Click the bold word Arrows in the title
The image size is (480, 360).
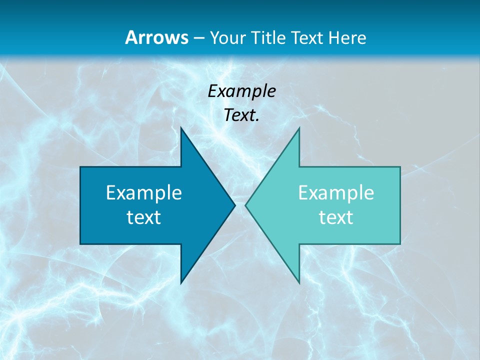click(156, 37)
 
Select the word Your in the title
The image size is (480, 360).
click(227, 37)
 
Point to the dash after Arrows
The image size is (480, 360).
click(198, 38)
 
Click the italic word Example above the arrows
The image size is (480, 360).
click(242, 91)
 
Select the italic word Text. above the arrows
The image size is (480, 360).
click(242, 115)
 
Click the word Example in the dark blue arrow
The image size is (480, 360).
click(144, 192)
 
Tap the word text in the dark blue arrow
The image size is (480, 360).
click(144, 217)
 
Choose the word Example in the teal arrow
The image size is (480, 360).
click(336, 192)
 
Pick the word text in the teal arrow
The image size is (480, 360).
click(336, 217)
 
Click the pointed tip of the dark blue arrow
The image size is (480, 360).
click(235, 205)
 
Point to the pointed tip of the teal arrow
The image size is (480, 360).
click(245, 205)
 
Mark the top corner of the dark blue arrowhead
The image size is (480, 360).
click(181, 128)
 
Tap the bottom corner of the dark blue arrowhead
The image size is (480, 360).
click(181, 283)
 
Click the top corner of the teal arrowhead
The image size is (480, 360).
click(299, 128)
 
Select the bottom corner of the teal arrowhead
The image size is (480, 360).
click(299, 283)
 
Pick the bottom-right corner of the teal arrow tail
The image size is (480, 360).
click(400, 244)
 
